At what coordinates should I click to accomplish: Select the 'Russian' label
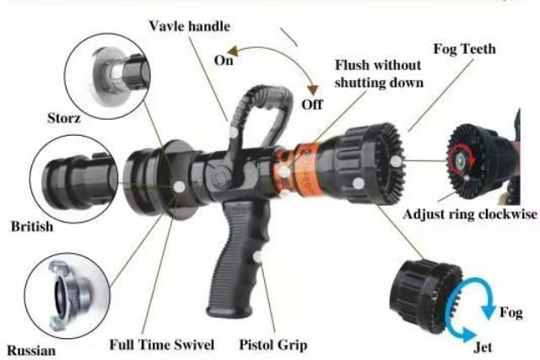[32, 348]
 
